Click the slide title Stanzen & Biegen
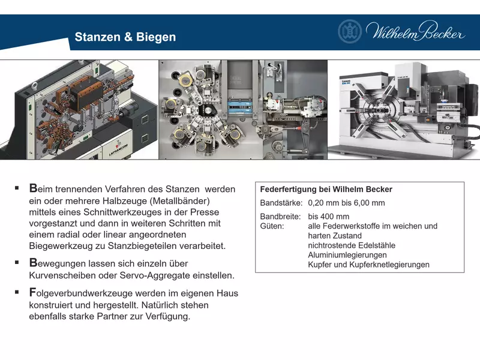point(125,37)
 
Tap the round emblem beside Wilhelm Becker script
point(350,31)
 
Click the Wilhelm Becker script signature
point(415,31)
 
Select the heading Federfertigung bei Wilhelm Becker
point(326,189)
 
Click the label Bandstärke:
point(281,203)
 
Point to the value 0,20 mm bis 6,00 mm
point(346,203)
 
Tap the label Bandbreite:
point(280,217)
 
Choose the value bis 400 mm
point(328,217)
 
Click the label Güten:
point(272,226)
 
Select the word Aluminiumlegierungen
point(348,255)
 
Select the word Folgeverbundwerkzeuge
point(81,293)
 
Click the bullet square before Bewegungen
point(17,262)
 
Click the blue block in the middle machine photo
point(240,107)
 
